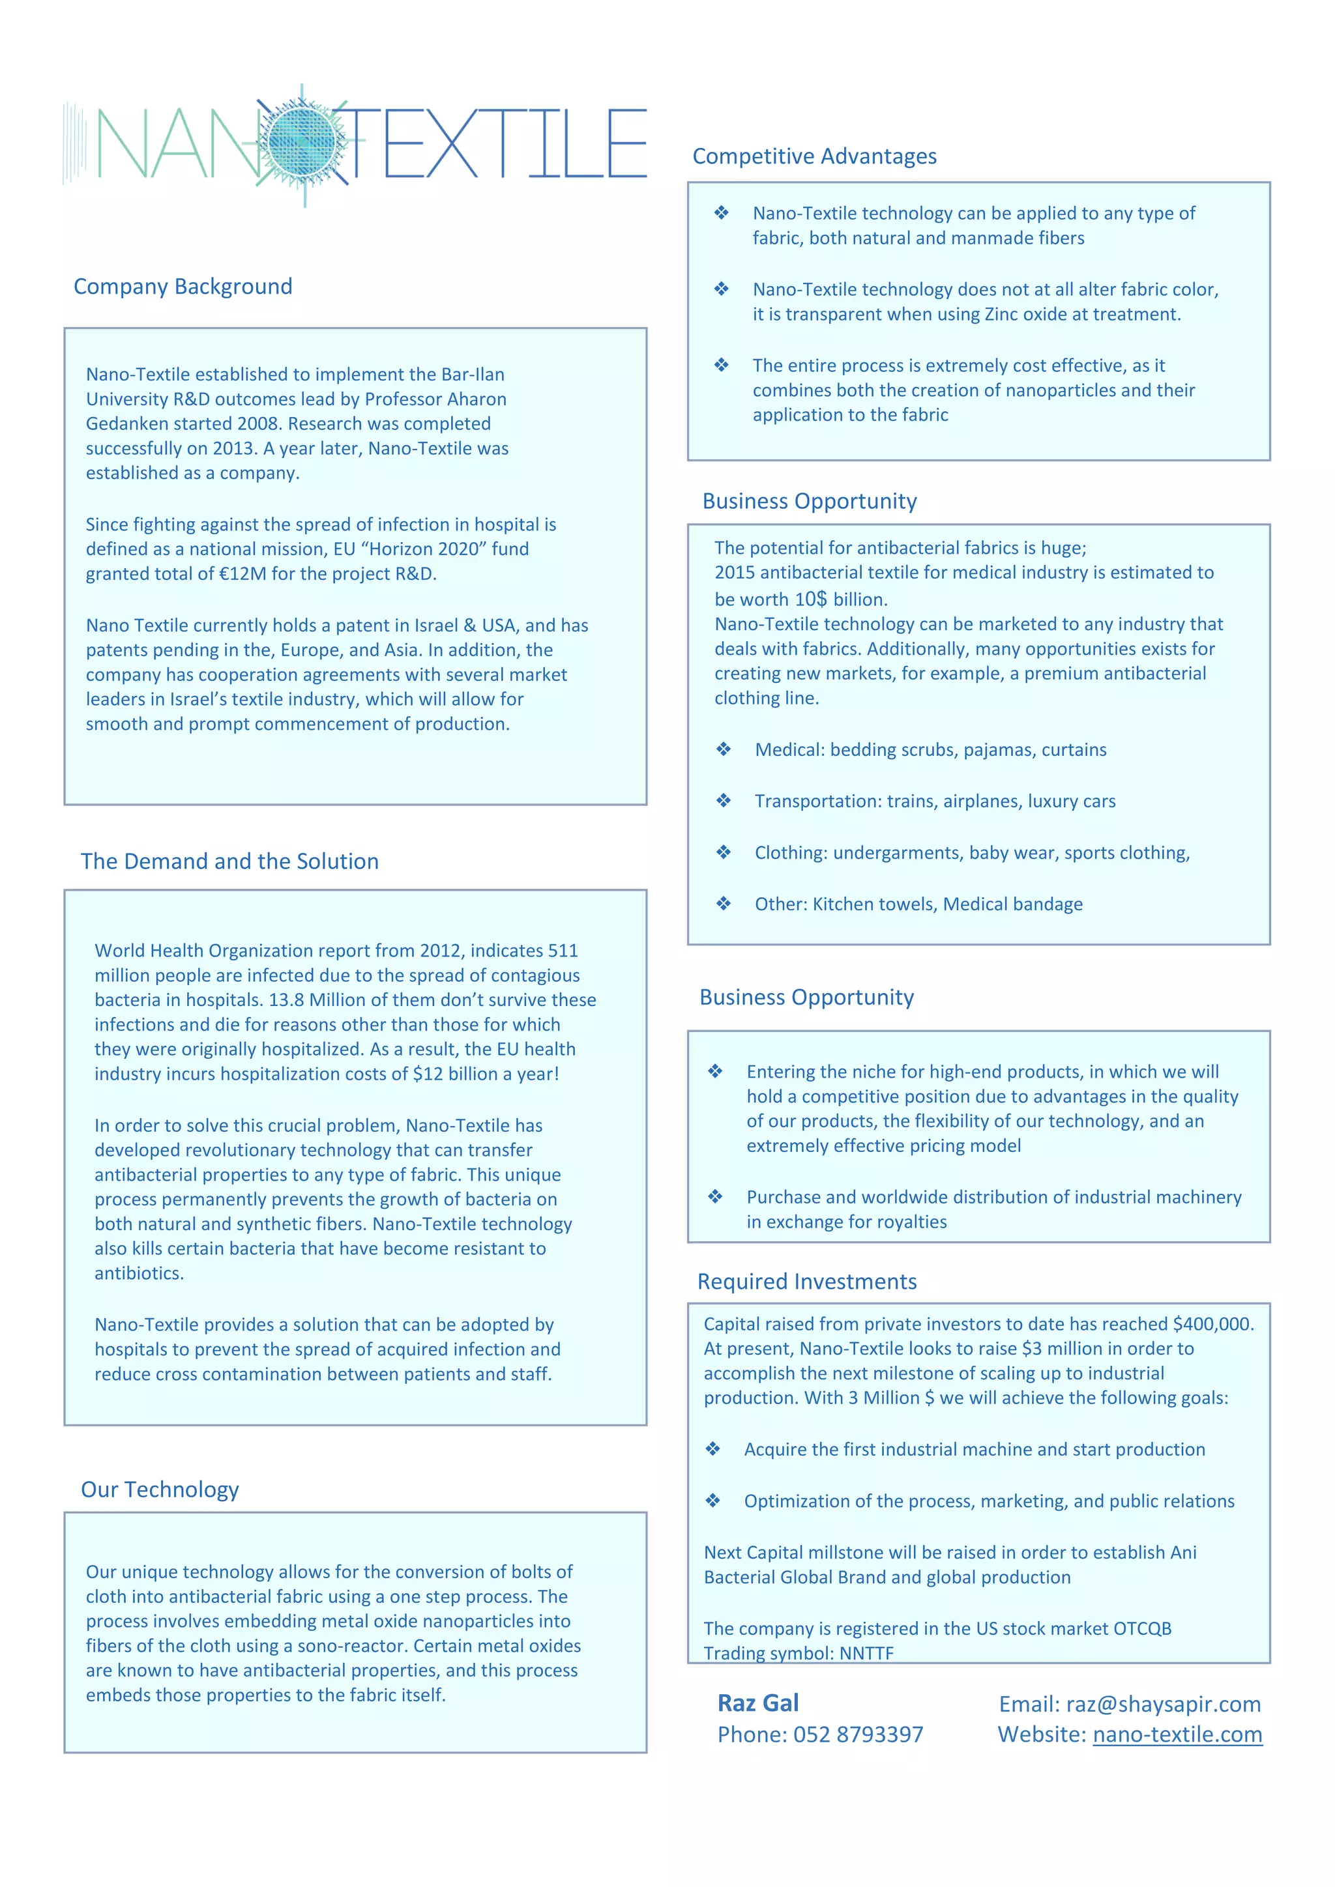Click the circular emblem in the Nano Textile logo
point(302,144)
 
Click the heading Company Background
point(183,287)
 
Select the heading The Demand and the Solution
point(229,861)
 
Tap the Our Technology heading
point(160,1490)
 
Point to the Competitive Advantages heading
point(814,156)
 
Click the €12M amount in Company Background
point(242,573)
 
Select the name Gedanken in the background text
point(122,424)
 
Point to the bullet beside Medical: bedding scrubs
point(724,749)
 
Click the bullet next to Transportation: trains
point(724,801)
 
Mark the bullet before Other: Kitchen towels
point(724,904)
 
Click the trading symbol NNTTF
point(866,1653)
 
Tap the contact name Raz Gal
point(758,1703)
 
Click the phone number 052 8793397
point(857,1734)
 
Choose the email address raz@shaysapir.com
point(1163,1705)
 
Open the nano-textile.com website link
point(1177,1734)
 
